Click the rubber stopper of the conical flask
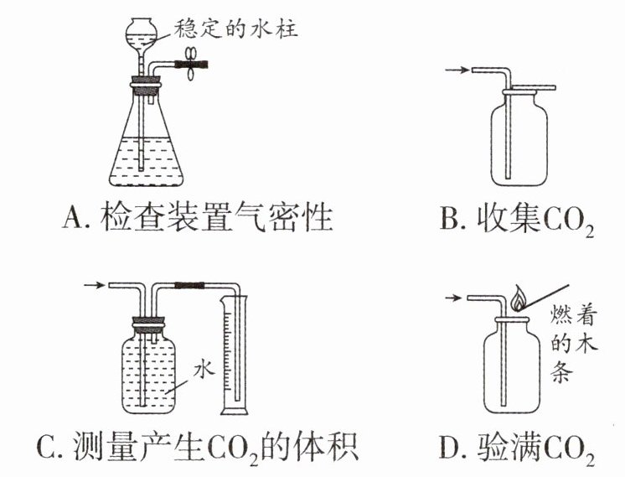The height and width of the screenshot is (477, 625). tap(147, 85)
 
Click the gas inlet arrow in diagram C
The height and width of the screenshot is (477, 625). tap(94, 286)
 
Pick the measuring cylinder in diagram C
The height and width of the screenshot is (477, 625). tap(231, 352)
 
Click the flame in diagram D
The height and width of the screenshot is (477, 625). tap(519, 299)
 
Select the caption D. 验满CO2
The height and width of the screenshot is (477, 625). tap(517, 449)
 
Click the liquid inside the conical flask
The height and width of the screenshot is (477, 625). tap(149, 159)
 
